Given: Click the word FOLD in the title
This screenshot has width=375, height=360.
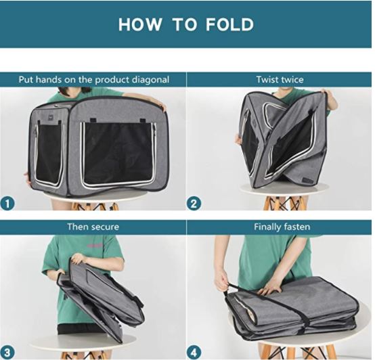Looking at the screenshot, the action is tap(229, 24).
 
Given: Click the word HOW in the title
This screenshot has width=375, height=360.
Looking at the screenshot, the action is tap(140, 24).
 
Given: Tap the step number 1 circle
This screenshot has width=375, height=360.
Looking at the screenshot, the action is tap(7, 204).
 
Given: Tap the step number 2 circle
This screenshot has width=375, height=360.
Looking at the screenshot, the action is tap(194, 204).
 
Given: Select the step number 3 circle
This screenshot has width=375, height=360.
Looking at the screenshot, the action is tap(7, 353).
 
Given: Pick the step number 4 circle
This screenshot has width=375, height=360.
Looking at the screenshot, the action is tap(194, 353).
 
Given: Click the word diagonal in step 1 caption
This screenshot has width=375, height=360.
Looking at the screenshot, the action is tap(151, 80).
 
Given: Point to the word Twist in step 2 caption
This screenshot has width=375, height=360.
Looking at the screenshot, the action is tap(266, 79).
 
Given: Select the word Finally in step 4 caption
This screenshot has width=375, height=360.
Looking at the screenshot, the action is tap(267, 227).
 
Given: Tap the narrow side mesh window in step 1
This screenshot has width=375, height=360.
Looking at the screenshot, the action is tap(48, 154).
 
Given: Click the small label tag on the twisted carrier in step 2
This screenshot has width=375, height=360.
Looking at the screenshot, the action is tap(307, 181).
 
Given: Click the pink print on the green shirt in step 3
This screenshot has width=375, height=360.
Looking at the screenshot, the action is tap(95, 245).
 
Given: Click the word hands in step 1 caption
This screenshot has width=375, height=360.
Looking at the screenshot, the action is tap(49, 79).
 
